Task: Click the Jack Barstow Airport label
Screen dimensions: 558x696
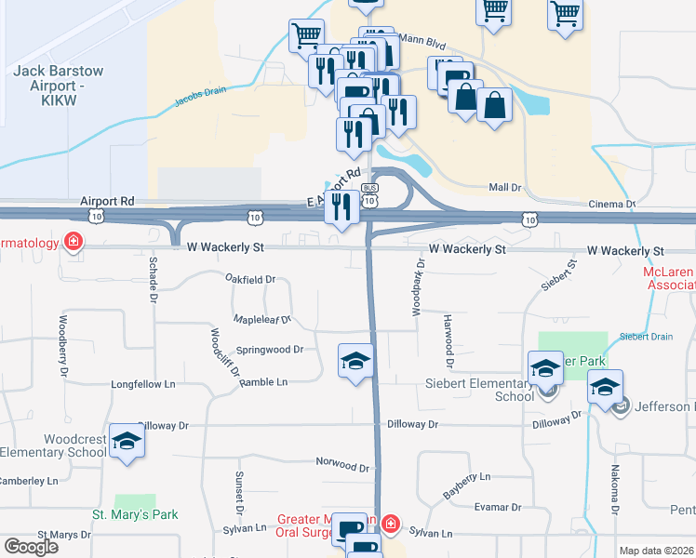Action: [x=59, y=78]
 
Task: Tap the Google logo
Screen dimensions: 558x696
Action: [x=31, y=547]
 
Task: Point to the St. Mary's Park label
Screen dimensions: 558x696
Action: [x=135, y=514]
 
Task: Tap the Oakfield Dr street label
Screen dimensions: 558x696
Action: [x=251, y=279]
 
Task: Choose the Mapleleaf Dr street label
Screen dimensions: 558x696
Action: [x=262, y=319]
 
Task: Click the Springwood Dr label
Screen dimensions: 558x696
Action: [x=270, y=350]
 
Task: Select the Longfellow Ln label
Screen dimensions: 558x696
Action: [x=143, y=383]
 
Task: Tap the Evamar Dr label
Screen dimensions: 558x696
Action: [x=497, y=507]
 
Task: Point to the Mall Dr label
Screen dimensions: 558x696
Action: [x=505, y=188]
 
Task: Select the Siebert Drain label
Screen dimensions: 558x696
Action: [x=647, y=337]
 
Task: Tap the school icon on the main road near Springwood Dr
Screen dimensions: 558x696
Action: [x=355, y=361]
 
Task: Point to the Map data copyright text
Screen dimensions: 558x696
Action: [x=656, y=551]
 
